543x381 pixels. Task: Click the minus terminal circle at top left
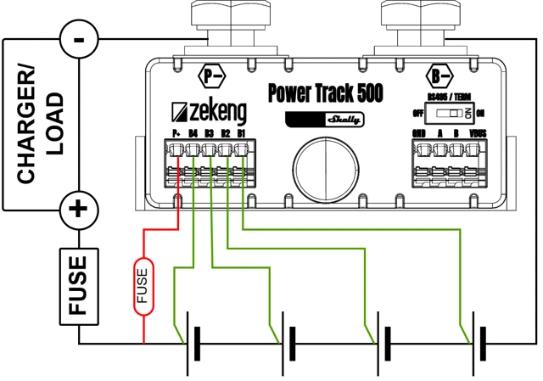click(x=78, y=39)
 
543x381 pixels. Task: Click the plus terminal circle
click(x=78, y=208)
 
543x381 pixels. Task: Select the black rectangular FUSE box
click(x=78, y=286)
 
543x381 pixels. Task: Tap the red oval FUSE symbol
click(x=143, y=287)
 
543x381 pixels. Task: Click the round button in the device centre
click(x=324, y=166)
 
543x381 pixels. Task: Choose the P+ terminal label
click(x=176, y=133)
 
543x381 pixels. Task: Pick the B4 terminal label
click(x=193, y=133)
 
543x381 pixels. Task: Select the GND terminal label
click(x=418, y=133)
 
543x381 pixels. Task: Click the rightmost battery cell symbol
click(x=479, y=344)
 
